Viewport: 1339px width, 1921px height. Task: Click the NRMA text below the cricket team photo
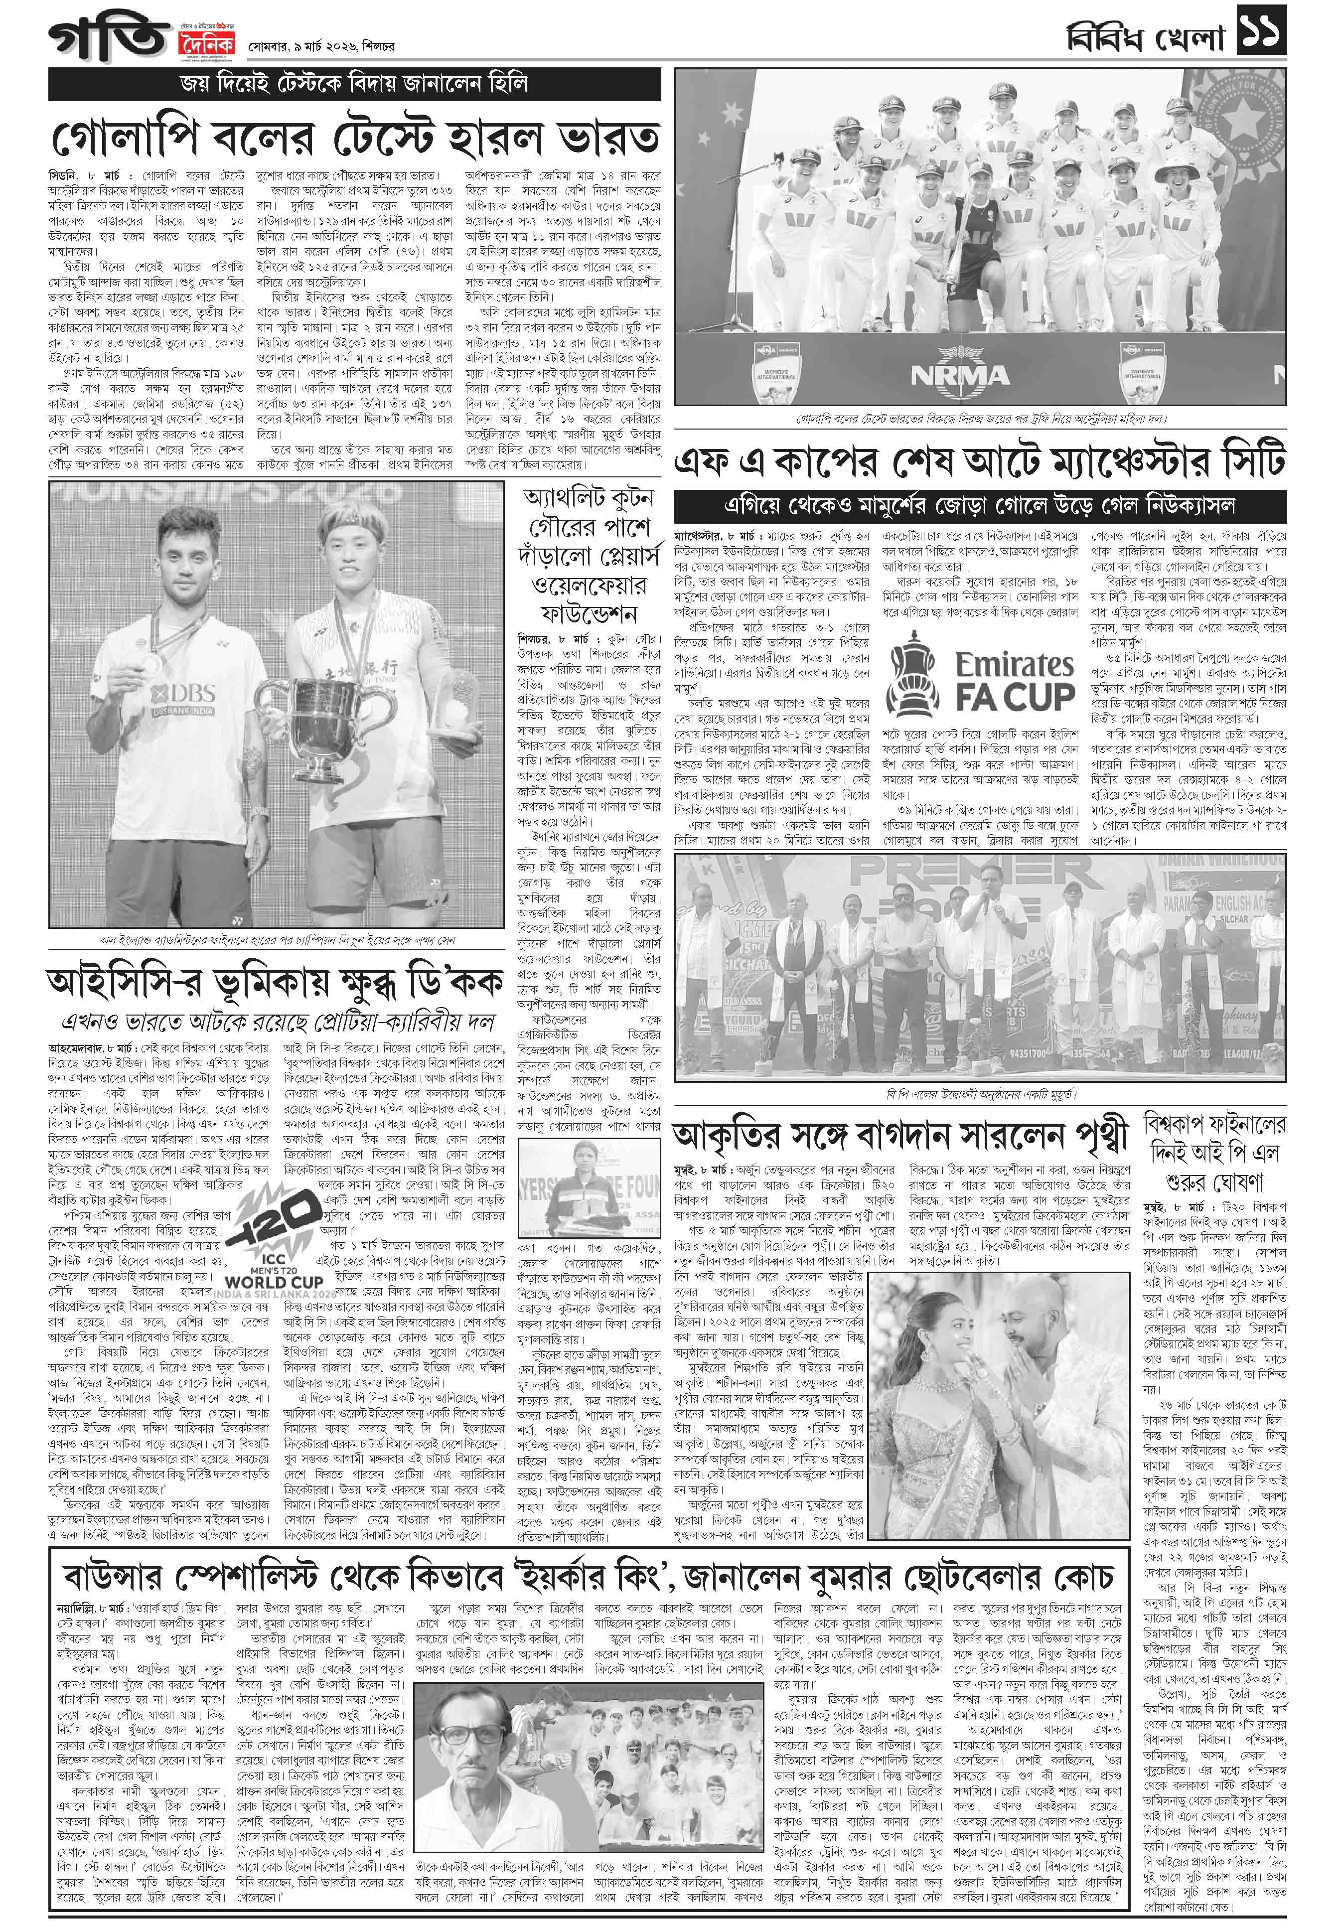[960, 376]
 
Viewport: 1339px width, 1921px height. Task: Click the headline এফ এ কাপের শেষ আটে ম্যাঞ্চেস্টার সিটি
[979, 460]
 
